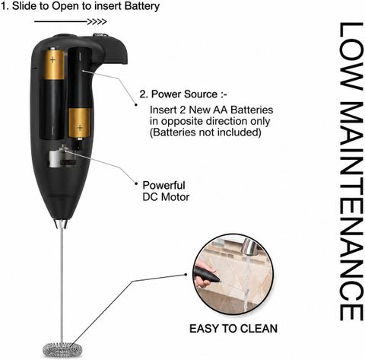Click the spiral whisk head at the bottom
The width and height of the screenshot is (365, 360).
coord(62,349)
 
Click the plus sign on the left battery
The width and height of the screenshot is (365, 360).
coord(52,59)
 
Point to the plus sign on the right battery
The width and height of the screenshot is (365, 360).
coord(80,127)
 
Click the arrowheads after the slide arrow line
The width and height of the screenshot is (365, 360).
coord(97,21)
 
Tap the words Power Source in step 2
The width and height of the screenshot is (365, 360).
coord(184,94)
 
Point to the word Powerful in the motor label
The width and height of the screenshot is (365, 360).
coord(163,185)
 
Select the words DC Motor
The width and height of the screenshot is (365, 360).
coord(166,197)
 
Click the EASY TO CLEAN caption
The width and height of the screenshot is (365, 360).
coord(233,329)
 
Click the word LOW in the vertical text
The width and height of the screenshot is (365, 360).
coord(351,56)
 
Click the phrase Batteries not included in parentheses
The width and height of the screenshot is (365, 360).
coord(205,132)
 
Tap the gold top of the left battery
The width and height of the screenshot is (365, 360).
coord(52,63)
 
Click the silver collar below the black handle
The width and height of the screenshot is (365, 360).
coord(61,224)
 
